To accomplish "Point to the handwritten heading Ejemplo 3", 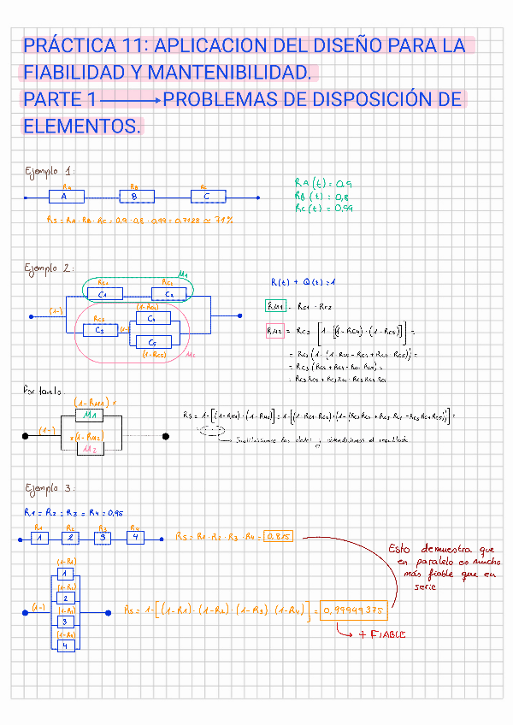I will pyautogui.click(x=50, y=488).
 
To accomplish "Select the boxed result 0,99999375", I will pyautogui.click(x=351, y=610).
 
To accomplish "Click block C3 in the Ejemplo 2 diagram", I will pyautogui.click(x=101, y=328).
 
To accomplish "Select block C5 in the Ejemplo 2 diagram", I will pyautogui.click(x=152, y=341).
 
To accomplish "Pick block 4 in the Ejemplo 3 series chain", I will pyautogui.click(x=135, y=538).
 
